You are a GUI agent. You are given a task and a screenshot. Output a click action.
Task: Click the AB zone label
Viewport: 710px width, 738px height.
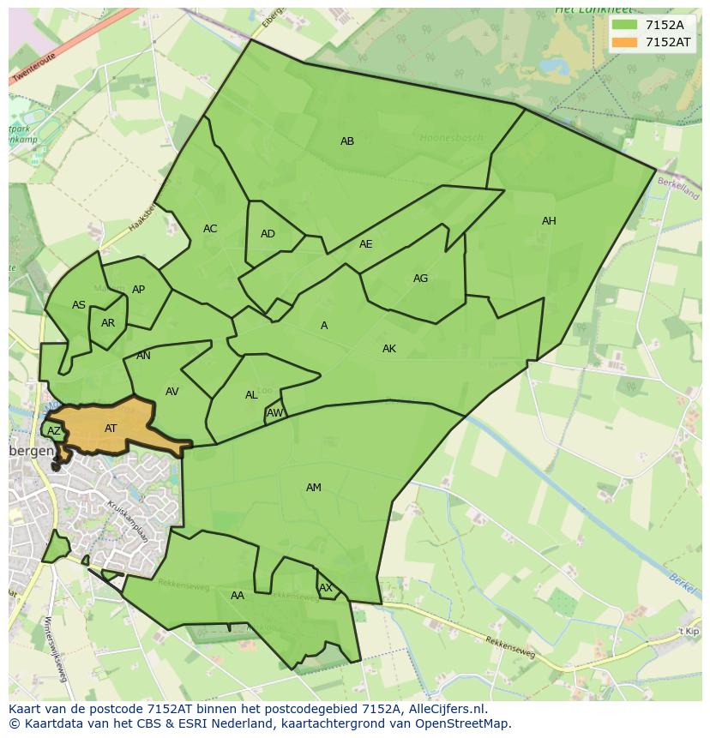coord(347,141)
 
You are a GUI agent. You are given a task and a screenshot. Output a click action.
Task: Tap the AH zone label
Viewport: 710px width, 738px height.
coord(549,221)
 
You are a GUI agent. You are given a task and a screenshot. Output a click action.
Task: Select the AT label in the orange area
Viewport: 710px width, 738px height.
coord(111,429)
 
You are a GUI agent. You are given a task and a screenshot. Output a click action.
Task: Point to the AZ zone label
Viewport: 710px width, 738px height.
coord(54,431)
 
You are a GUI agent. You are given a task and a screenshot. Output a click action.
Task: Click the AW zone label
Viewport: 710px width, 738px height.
coord(274,413)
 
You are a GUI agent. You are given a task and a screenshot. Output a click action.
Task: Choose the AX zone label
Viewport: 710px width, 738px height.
coord(326,588)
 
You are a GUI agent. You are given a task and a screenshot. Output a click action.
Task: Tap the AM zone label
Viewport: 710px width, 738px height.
coord(314,488)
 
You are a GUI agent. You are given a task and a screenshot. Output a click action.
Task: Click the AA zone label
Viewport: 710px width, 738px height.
coord(238,596)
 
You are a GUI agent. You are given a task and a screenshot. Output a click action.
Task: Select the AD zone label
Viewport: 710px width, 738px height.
coord(268,234)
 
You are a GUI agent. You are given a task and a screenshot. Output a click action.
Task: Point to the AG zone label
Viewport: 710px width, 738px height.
coord(420,279)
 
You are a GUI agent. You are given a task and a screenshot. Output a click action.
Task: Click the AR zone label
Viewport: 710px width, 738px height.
coord(108,323)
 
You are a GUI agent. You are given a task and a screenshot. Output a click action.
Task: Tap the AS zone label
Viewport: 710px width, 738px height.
coord(79,305)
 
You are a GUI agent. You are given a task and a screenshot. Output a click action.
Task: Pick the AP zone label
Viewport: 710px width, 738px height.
coord(138,290)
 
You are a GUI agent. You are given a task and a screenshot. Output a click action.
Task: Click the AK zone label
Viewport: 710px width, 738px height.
coord(389,349)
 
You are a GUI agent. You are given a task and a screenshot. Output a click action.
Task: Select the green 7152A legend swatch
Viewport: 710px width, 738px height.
coord(625,25)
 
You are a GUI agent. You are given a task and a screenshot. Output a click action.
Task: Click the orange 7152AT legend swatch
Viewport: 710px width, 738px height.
coord(625,42)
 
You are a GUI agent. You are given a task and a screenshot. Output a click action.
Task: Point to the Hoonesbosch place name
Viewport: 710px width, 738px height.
coord(452,137)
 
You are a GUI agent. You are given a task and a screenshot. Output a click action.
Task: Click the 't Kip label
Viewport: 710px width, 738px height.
coord(689,631)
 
